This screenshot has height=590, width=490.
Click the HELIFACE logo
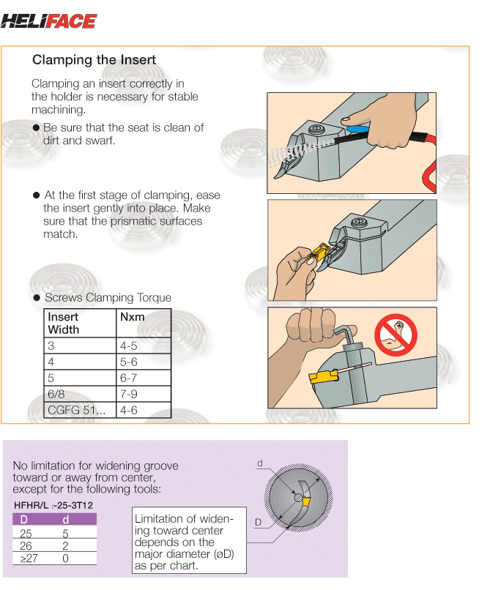48,20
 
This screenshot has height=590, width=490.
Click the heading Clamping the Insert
94,60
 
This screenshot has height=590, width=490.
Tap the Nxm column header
131,317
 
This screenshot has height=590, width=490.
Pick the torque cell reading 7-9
128,395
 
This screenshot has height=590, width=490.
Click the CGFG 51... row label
76,411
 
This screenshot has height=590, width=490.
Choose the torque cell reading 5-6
128,362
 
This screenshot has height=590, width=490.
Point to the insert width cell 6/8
57,395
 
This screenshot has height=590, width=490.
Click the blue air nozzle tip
357,129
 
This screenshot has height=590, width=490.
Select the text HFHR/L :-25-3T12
53,505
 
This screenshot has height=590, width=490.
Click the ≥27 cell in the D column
26,559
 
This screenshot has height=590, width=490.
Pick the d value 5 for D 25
65,534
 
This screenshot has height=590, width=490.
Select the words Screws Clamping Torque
108,298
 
